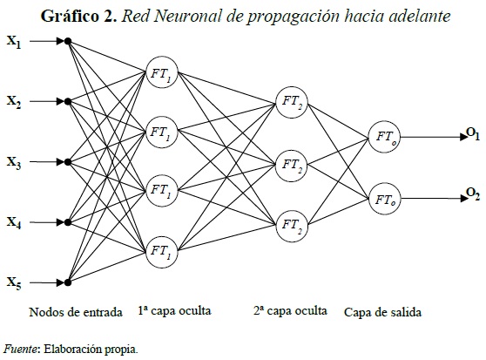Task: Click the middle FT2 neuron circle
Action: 291,163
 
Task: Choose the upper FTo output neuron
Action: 385,136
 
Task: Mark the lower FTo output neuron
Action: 385,199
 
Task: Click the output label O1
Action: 472,133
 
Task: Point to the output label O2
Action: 472,194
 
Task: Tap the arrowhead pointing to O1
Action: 460,136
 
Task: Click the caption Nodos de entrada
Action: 69,311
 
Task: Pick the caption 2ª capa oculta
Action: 290,311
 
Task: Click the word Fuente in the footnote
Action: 20,350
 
